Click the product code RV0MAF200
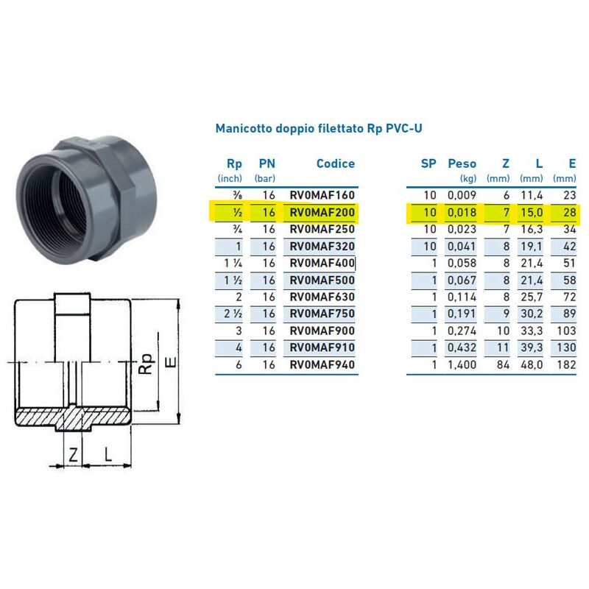[x=322, y=213]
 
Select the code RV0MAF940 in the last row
[x=322, y=364]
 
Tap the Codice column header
[x=335, y=163]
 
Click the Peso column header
[x=462, y=163]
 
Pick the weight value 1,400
[x=462, y=364]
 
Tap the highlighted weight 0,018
[x=462, y=213]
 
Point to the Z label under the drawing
[x=73, y=454]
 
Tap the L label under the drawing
[x=107, y=454]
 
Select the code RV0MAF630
[x=322, y=297]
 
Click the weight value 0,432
[x=462, y=347]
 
